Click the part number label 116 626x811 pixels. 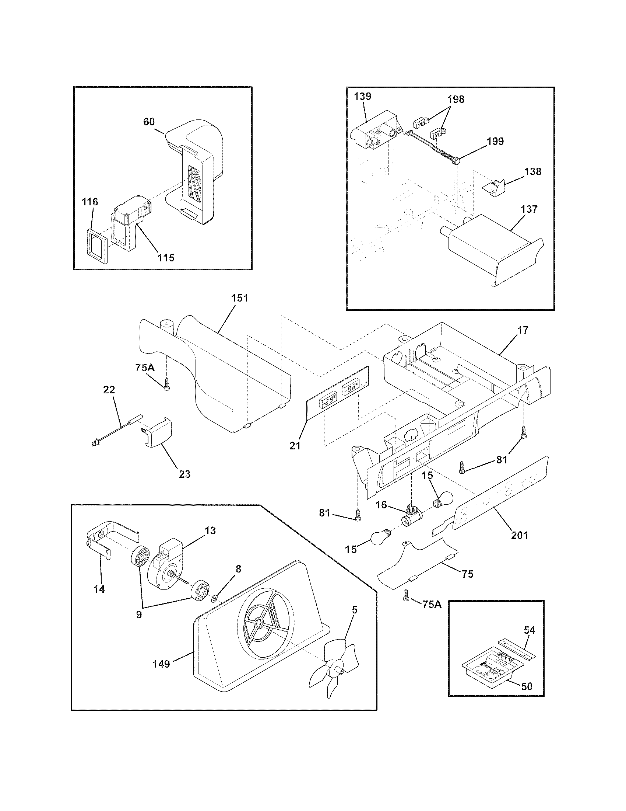click(90, 202)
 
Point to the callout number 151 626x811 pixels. click(240, 298)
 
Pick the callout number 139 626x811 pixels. click(362, 97)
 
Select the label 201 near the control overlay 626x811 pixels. click(519, 535)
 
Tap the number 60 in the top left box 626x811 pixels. click(149, 122)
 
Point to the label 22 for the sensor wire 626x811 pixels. click(109, 390)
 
